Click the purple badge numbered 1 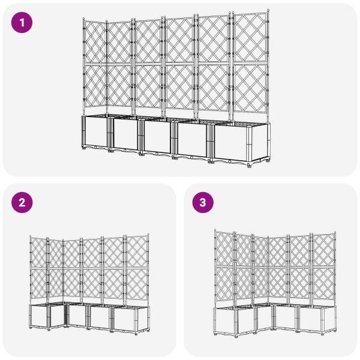[x=22, y=23]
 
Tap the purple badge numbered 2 [x=22, y=203]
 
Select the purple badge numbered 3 [x=202, y=203]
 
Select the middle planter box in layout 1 [x=158, y=137]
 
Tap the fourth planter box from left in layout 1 [x=194, y=140]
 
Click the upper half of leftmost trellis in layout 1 [x=95, y=42]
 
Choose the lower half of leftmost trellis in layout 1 [x=95, y=88]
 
